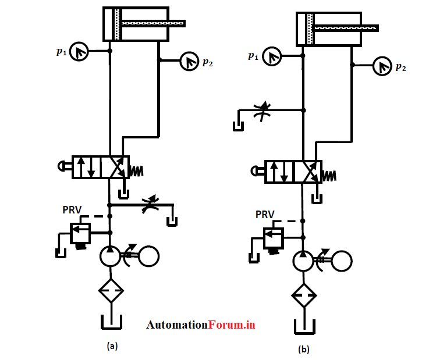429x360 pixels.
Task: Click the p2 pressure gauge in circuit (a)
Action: tap(190, 60)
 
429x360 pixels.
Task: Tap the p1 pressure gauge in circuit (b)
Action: tap(272, 56)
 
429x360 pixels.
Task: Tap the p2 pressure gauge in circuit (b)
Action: tap(382, 66)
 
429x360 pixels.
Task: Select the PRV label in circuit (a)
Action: tap(72, 209)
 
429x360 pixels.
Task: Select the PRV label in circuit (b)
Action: tap(265, 214)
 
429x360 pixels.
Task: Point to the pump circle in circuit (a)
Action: tap(110, 256)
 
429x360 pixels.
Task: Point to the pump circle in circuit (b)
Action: tap(303, 261)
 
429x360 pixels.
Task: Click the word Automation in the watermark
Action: tap(177, 325)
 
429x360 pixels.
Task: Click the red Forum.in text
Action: tap(232, 325)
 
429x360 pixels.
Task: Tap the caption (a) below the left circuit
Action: tap(112, 345)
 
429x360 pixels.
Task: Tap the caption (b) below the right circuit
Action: tap(304, 350)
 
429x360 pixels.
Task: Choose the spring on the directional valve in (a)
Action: tap(136, 172)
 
